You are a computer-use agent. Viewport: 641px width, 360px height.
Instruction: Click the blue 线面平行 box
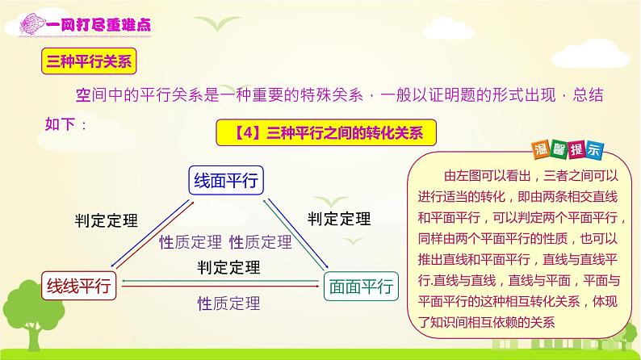click(225, 182)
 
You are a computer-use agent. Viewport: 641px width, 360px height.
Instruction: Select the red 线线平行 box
click(79, 285)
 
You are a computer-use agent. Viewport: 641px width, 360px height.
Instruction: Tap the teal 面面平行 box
click(360, 285)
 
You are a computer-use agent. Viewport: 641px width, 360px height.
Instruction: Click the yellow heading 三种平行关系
click(90, 61)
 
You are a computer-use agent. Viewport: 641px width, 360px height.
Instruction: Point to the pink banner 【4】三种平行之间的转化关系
click(325, 131)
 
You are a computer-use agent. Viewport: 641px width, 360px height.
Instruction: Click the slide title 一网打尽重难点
click(103, 27)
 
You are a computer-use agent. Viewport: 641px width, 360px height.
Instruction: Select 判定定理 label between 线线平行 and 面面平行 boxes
click(228, 267)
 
